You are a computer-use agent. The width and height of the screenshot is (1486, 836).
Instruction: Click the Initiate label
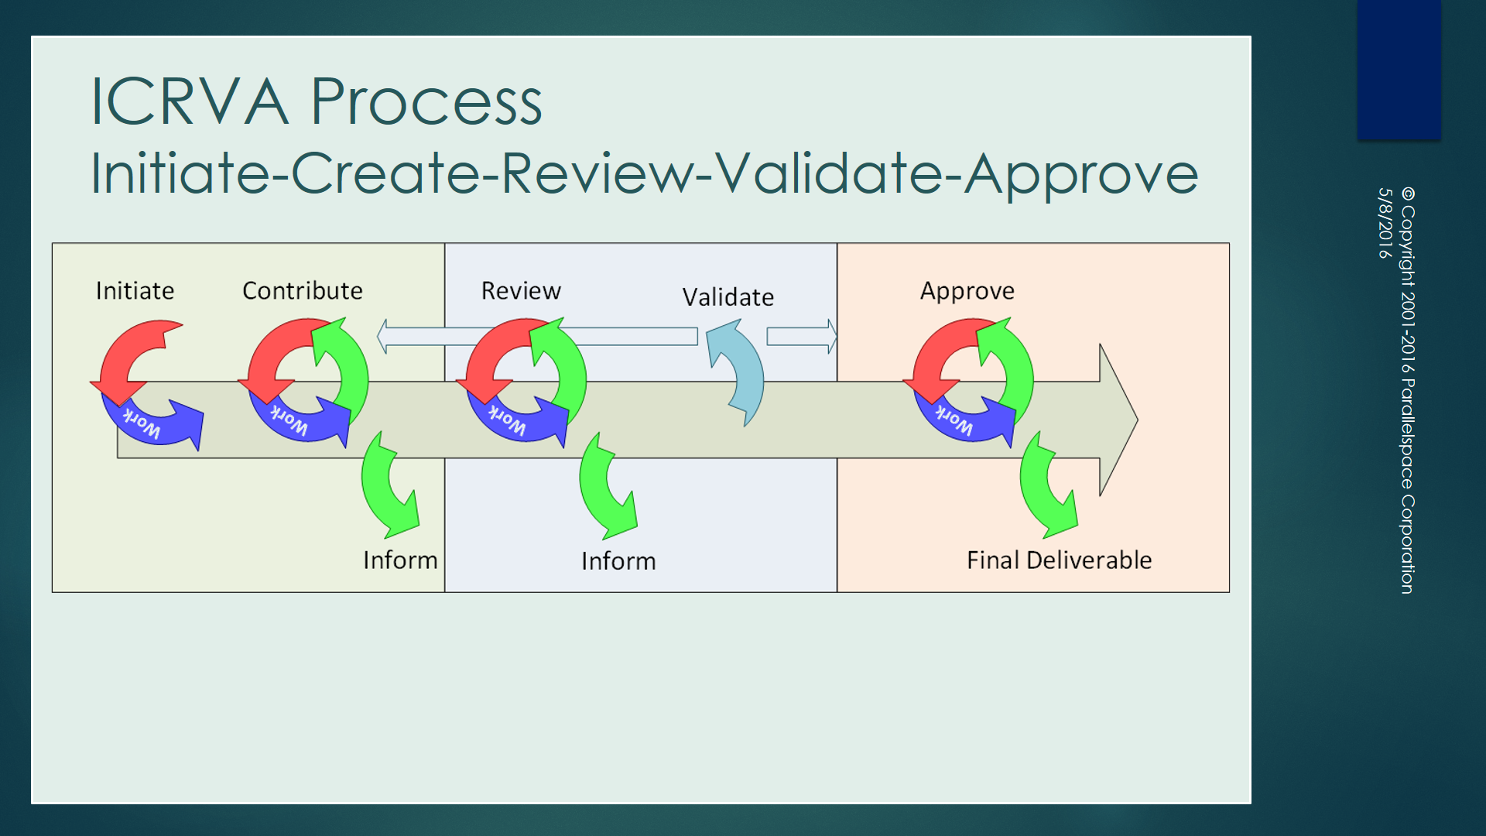[x=135, y=290]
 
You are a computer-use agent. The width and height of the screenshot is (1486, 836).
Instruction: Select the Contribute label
[x=302, y=290]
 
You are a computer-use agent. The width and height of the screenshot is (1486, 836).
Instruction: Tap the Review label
[x=520, y=290]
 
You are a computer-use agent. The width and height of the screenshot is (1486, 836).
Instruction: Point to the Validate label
[x=728, y=297]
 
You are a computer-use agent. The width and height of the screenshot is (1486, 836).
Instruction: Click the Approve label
[x=967, y=290]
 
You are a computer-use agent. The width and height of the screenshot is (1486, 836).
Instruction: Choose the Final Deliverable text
[x=1059, y=560]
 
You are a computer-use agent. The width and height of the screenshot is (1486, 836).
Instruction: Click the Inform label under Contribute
[x=400, y=560]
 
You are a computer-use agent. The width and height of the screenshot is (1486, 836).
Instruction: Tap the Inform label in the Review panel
[x=618, y=560]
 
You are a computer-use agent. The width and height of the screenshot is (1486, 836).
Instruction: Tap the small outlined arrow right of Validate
[x=801, y=336]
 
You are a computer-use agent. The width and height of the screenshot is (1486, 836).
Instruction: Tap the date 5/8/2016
[x=1385, y=223]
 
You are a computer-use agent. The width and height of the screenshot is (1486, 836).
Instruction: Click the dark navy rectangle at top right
[x=1399, y=70]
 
